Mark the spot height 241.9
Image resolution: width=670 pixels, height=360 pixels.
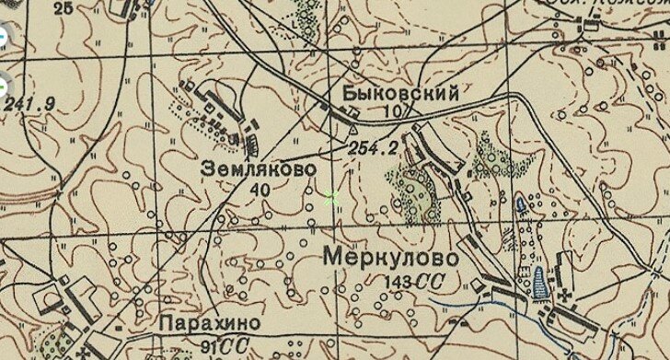(29, 103)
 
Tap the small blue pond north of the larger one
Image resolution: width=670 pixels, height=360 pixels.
(524, 203)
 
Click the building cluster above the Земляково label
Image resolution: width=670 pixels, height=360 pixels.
(225, 115)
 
